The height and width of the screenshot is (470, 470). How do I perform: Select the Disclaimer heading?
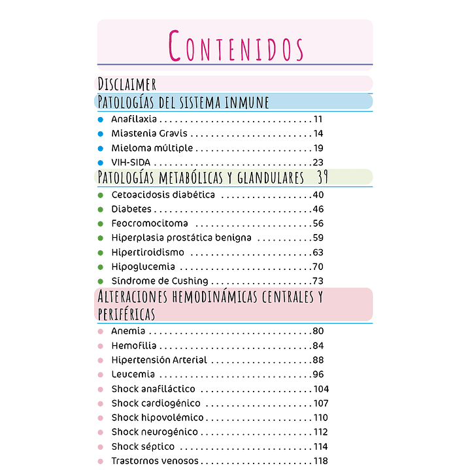point(127,84)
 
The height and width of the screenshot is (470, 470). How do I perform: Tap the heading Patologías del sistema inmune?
point(183,101)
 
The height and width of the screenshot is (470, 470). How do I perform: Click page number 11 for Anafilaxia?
point(318,119)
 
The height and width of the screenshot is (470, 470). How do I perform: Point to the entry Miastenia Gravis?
point(140,133)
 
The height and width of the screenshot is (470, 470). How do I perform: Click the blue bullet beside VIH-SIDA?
point(101,162)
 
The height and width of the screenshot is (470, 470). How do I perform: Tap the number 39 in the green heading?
point(322,177)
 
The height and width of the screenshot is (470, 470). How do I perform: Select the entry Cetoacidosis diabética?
point(163,195)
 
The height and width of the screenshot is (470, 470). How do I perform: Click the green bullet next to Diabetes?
point(101,209)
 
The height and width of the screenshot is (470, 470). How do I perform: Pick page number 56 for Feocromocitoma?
point(318,224)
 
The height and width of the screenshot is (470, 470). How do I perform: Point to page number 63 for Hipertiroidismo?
point(318,252)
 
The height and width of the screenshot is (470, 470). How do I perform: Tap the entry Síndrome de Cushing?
point(159,281)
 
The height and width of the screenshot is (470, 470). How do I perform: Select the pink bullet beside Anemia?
point(101,331)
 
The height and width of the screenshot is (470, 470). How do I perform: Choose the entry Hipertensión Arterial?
point(159,360)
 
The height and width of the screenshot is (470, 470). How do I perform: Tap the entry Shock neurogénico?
point(154,432)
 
